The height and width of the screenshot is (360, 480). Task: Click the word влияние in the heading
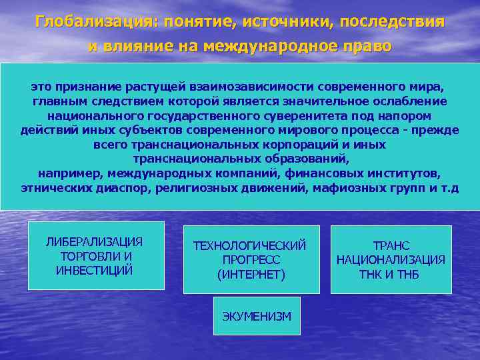click(141, 47)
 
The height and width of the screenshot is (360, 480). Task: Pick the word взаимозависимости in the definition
click(251, 87)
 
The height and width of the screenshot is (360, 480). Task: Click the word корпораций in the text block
click(280, 144)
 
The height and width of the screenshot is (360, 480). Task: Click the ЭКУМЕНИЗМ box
click(257, 316)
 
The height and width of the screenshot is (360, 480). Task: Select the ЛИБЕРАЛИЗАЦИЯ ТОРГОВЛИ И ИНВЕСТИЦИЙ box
click(95, 256)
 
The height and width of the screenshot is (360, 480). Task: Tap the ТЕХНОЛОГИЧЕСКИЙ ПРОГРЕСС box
click(250, 260)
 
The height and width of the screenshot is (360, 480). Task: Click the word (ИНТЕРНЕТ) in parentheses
click(251, 274)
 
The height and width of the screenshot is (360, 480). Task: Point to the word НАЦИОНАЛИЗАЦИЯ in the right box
click(391, 260)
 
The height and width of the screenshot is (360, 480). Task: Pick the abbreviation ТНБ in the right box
click(407, 274)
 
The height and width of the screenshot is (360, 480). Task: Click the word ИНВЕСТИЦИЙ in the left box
click(95, 270)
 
